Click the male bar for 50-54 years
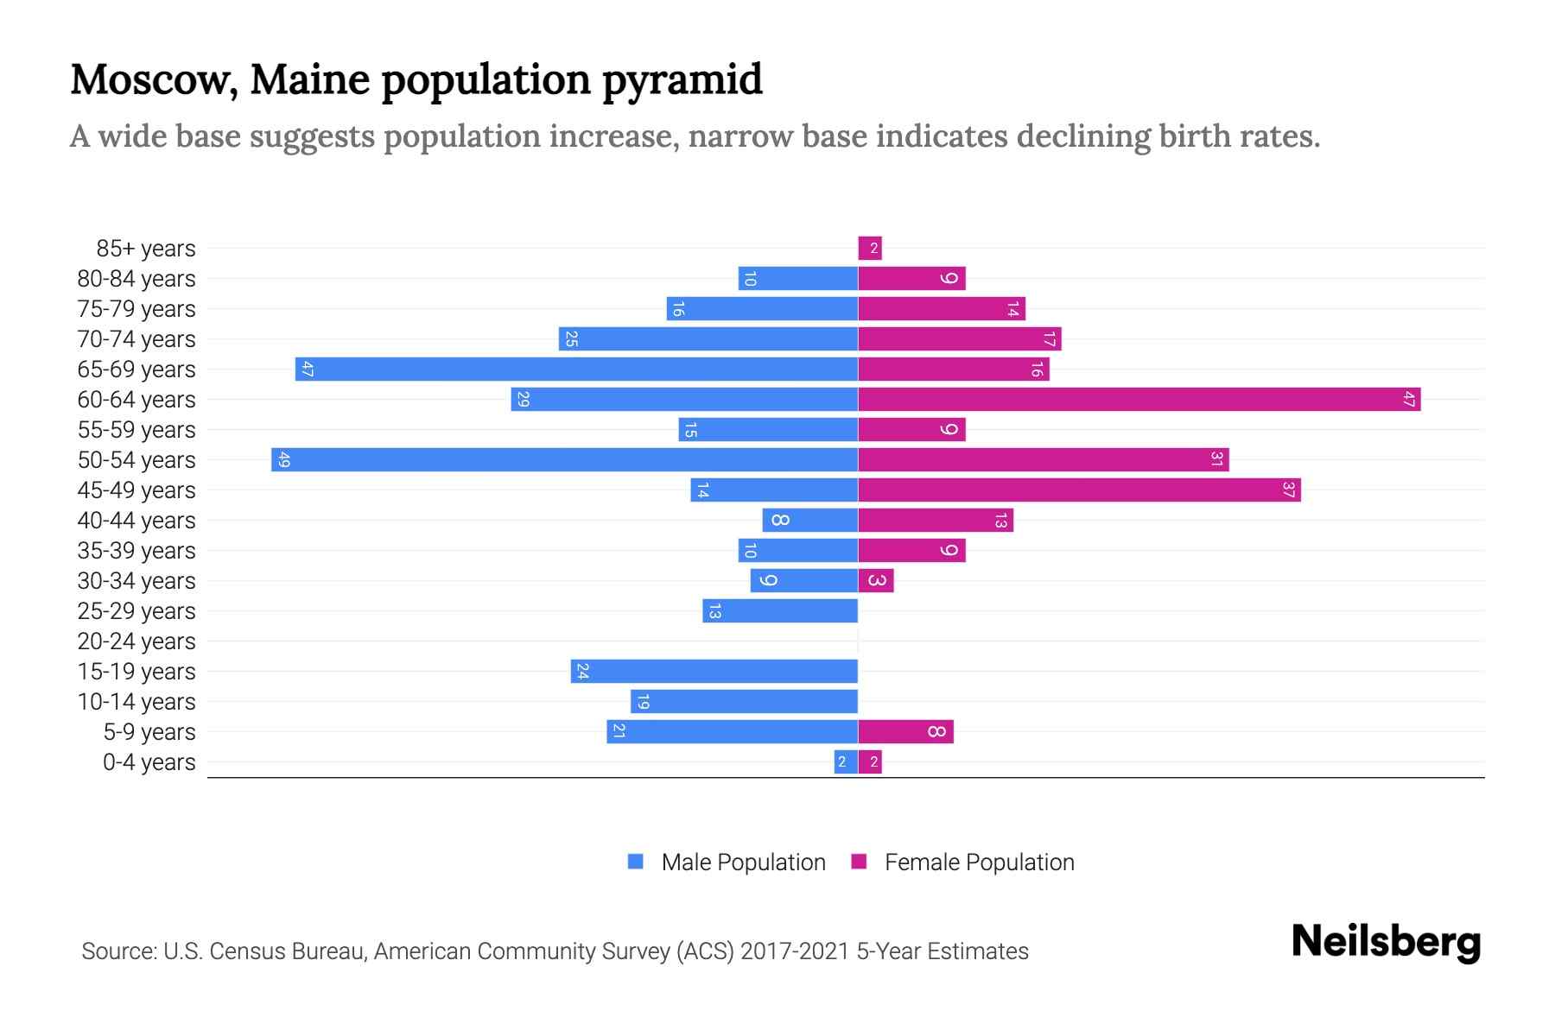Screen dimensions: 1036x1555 coord(564,459)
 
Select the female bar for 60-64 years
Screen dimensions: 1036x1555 coord(1139,399)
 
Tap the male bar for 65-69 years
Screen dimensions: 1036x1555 coord(576,369)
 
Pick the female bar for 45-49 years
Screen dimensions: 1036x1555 coord(1079,490)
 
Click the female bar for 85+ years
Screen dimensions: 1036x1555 coord(870,249)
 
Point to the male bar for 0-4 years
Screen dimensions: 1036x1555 coord(846,761)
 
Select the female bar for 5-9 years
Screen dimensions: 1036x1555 coord(905,731)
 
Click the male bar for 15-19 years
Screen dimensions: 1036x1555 coord(714,671)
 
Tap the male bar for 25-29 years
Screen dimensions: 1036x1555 coord(780,610)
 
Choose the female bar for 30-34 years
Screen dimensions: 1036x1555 coord(876,580)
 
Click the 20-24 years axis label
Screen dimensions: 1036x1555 coord(136,641)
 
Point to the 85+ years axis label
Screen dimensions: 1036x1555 coord(146,249)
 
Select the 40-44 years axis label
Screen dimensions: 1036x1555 coord(136,521)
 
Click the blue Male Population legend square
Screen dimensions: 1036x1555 coord(636,862)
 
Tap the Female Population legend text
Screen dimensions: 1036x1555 coord(979,862)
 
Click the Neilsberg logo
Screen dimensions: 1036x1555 coord(1386,942)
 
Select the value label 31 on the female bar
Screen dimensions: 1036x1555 coord(1215,459)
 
